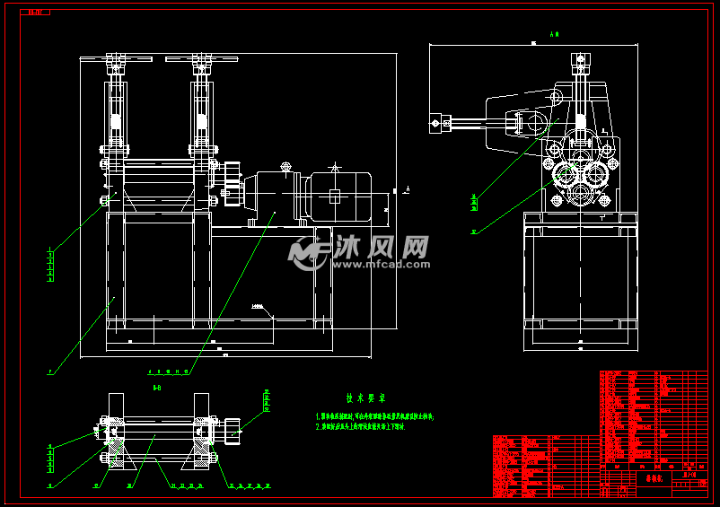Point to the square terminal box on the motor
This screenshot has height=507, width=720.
click(x=334, y=196)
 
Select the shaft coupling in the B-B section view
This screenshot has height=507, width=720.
click(x=234, y=430)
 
